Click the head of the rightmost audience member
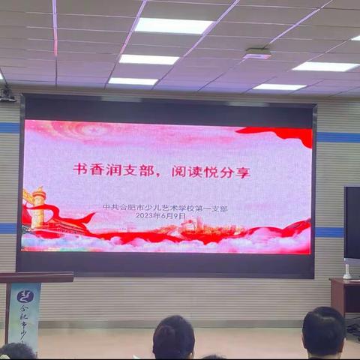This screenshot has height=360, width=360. click(x=323, y=331)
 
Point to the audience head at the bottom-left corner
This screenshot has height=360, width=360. click(x=16, y=351)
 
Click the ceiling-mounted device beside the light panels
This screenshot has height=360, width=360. click(x=256, y=54)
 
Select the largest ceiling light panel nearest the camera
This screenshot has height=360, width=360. click(x=172, y=25)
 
